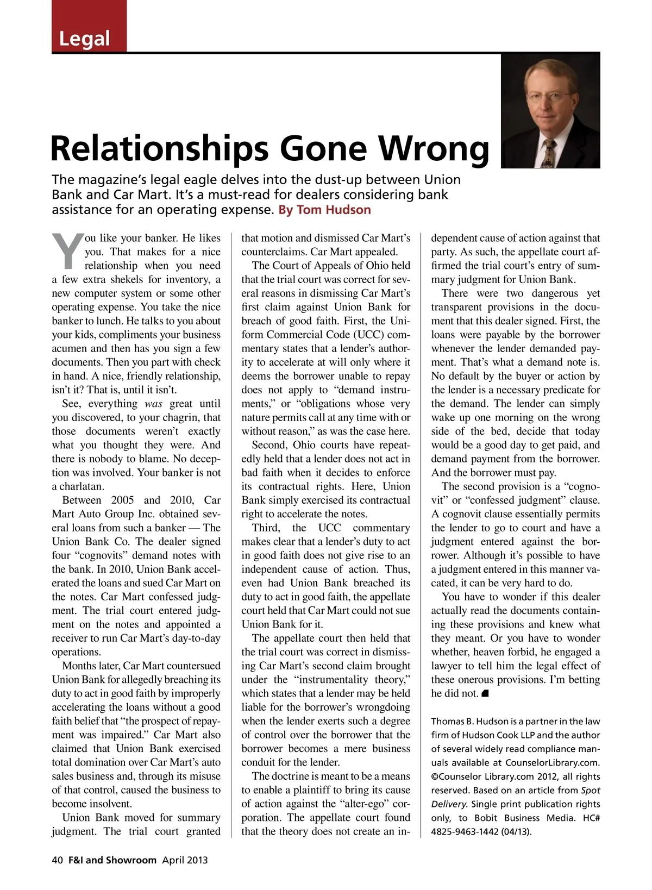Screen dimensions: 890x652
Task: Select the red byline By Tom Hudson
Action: coord(324,210)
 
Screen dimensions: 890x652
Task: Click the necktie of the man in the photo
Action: coord(549,153)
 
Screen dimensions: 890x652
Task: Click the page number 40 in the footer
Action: coord(58,860)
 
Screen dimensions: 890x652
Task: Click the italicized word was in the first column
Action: coord(154,404)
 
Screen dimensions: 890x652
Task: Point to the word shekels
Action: coord(126,280)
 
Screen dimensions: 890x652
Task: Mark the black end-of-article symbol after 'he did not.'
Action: coord(486,693)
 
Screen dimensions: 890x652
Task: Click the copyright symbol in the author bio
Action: coord(435,777)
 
